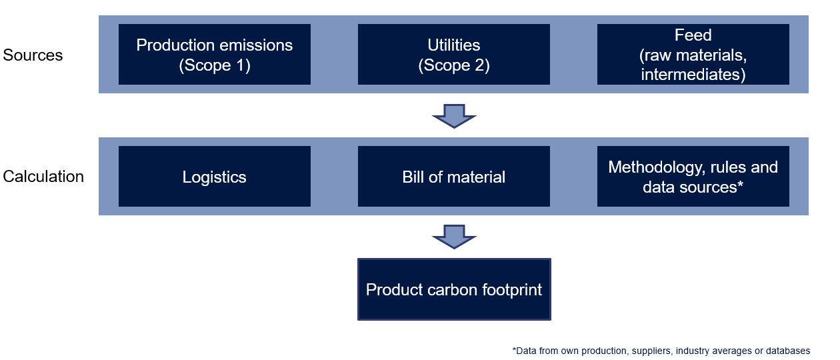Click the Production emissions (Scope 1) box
(215, 55)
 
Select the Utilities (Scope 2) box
(454, 55)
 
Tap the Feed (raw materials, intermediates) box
(693, 55)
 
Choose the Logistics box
(215, 176)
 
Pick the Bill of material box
(454, 176)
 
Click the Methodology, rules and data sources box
(693, 176)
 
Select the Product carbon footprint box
(454, 289)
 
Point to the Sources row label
(33, 55)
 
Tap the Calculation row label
(43, 177)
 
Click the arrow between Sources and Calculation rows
(454, 116)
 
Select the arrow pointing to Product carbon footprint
(454, 237)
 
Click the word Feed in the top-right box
(693, 35)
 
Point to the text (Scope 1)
(215, 65)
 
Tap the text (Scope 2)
(454, 65)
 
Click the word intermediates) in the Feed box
(693, 74)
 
